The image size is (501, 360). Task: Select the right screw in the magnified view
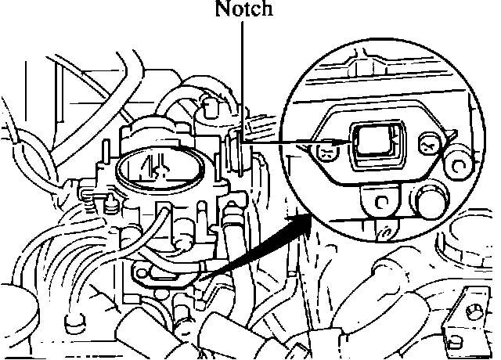(x=427, y=144)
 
